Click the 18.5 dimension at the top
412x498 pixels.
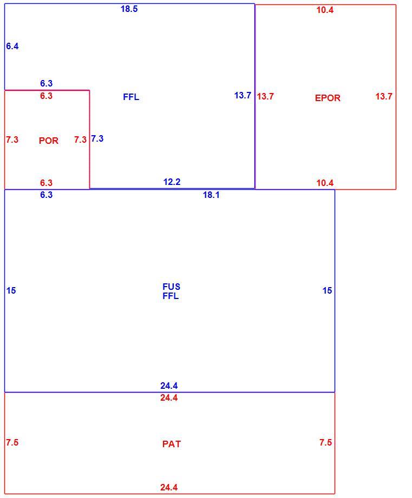point(129,9)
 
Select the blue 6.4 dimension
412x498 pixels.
point(12,46)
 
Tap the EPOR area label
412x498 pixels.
point(328,98)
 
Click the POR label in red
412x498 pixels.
point(49,141)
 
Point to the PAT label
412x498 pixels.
point(171,444)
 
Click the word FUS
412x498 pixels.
point(171,287)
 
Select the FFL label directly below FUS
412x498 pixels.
point(171,296)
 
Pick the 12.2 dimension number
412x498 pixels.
point(172,182)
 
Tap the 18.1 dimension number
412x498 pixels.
point(211,195)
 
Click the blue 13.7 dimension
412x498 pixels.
point(243,95)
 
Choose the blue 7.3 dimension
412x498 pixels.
point(97,138)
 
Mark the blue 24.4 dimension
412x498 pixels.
point(169,386)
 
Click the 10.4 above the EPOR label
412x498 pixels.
point(325,10)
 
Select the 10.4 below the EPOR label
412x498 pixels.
point(325,183)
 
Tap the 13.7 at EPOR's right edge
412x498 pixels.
point(384,96)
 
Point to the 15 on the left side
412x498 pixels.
point(11,290)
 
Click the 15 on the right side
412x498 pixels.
point(327,290)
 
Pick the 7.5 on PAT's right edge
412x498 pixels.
point(325,442)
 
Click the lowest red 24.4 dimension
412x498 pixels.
point(169,487)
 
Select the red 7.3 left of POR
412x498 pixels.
point(12,140)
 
